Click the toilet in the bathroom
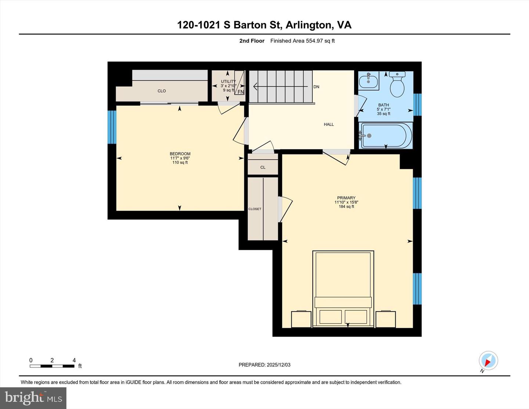397,85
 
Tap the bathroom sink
368,80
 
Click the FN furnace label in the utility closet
241,92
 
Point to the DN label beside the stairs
316,87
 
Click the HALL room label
329,124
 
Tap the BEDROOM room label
180,154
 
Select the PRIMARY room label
346,198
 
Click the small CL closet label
263,167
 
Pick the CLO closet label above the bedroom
162,91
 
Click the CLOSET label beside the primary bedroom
255,209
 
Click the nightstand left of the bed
301,319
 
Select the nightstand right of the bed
386,319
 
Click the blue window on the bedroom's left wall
112,127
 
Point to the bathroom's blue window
417,104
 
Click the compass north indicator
488,361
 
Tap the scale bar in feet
52,366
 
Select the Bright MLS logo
33,398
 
